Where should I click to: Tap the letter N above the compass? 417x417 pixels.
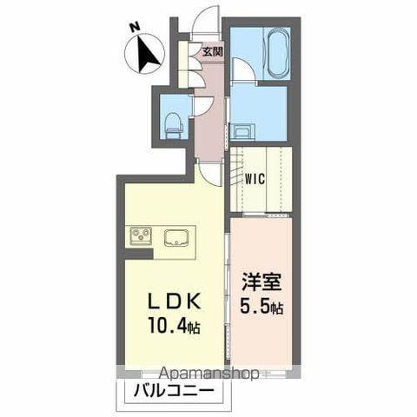click(x=134, y=28)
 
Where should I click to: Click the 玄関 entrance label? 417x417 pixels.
click(x=212, y=51)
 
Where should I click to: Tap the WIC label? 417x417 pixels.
click(x=255, y=181)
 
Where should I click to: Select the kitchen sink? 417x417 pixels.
click(x=178, y=235)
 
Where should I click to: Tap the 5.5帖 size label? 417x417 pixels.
click(x=261, y=307)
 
